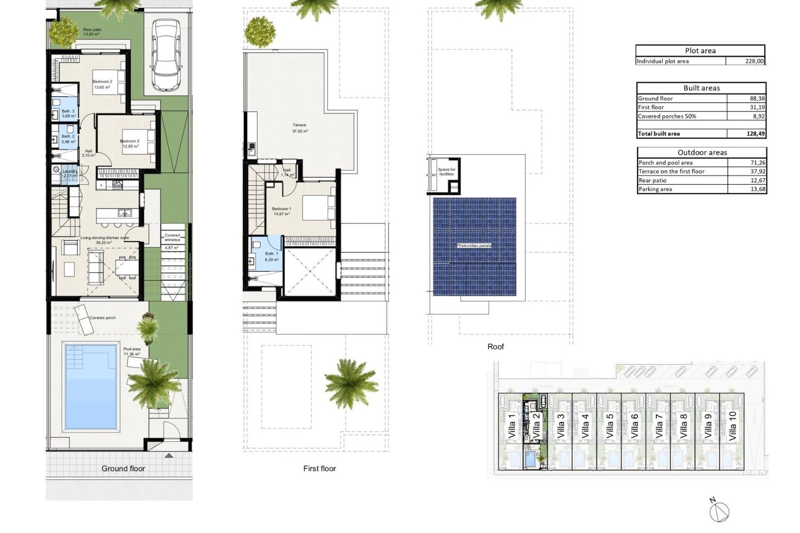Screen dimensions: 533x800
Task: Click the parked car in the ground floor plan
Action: pyautogui.click(x=166, y=55)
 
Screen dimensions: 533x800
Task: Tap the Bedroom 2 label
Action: pyautogui.click(x=102, y=82)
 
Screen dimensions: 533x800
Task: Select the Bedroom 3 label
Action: pyautogui.click(x=130, y=141)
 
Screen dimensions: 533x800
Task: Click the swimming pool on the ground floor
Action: pyautogui.click(x=90, y=386)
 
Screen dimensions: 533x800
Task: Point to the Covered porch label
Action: pyautogui.click(x=102, y=318)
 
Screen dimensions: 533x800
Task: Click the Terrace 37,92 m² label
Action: pyautogui.click(x=300, y=128)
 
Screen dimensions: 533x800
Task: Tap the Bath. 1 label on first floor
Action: pyautogui.click(x=271, y=254)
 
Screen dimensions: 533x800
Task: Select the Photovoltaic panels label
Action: pyautogui.click(x=474, y=246)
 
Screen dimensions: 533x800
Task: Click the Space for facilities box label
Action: pyautogui.click(x=447, y=172)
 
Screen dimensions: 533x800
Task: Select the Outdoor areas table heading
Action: pyautogui.click(x=702, y=152)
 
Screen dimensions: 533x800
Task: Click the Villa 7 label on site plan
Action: pyautogui.click(x=659, y=426)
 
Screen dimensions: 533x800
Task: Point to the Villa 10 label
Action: pyautogui.click(x=732, y=426)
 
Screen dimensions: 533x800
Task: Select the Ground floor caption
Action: pyautogui.click(x=123, y=468)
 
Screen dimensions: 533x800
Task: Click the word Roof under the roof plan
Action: pyautogui.click(x=495, y=346)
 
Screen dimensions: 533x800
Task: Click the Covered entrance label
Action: pyautogui.click(x=172, y=237)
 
